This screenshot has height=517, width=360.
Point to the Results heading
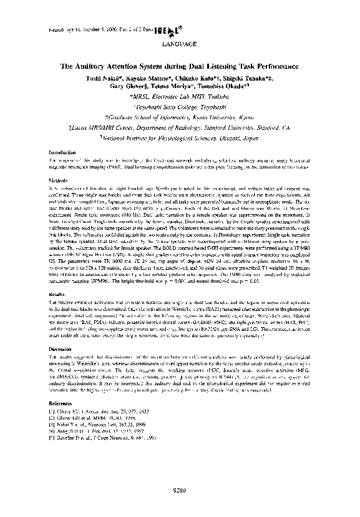tap(58, 293)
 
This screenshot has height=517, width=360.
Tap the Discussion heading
tap(61, 349)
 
